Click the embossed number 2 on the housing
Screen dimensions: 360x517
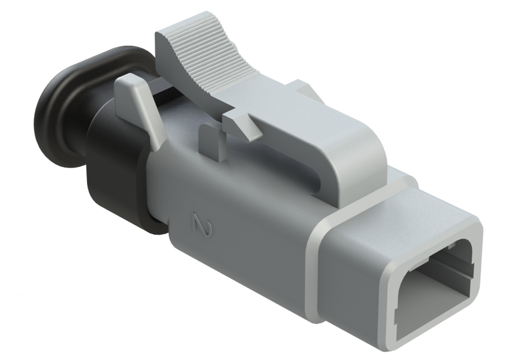click(202, 225)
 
